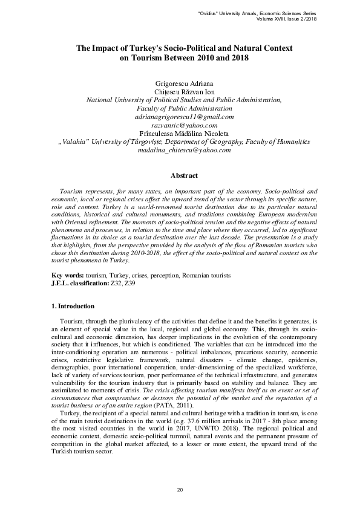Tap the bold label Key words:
[x=67, y=276]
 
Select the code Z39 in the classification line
[x=147, y=283]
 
